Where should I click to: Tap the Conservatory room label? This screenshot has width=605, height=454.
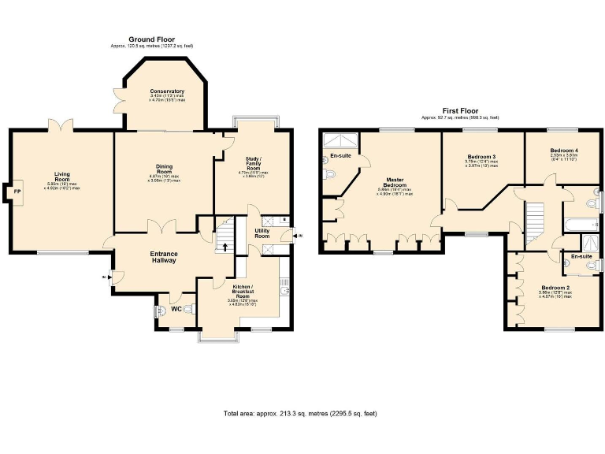(x=166, y=91)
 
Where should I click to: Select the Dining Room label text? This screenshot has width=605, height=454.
(x=165, y=168)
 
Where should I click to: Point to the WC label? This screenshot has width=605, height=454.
(x=187, y=309)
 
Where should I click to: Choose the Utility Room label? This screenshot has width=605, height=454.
(x=262, y=233)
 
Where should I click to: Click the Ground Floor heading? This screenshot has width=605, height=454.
(x=151, y=39)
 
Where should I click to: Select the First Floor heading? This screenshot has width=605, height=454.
(x=459, y=111)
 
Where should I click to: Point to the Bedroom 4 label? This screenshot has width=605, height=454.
(x=564, y=150)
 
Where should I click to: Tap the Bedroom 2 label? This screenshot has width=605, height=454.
(x=551, y=288)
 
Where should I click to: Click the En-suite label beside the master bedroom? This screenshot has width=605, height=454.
(x=340, y=155)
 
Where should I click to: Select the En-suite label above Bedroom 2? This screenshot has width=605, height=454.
(x=581, y=256)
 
